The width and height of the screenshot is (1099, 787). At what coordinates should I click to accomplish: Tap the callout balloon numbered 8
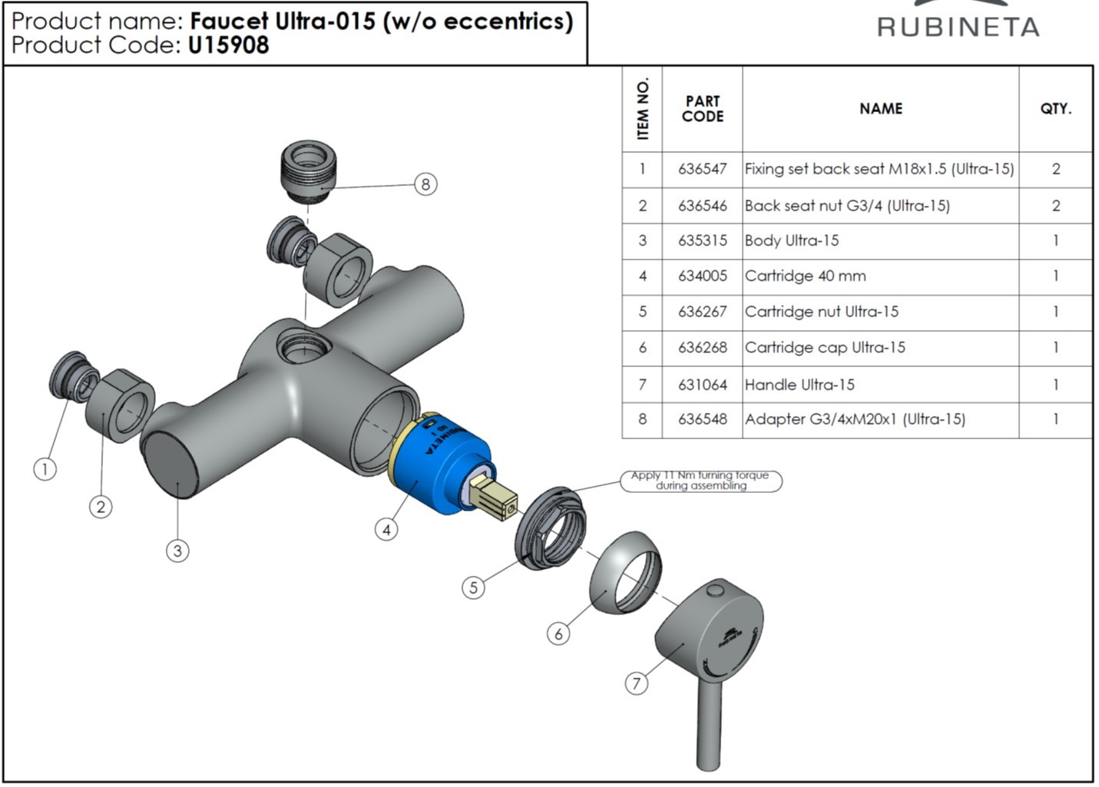[x=425, y=184]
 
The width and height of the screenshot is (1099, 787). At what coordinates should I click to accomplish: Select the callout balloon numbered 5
[x=473, y=587]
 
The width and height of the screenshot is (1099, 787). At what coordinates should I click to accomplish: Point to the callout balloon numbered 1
[x=45, y=468]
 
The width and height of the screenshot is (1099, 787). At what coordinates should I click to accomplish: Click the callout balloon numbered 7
[x=636, y=683]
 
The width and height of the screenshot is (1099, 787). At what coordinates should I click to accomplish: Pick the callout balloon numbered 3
[x=177, y=551]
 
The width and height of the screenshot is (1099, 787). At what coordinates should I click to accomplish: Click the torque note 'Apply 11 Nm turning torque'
[x=700, y=481]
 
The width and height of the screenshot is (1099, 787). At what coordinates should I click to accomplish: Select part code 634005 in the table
[x=702, y=276]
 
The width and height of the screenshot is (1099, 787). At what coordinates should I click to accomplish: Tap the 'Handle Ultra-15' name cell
[x=799, y=385]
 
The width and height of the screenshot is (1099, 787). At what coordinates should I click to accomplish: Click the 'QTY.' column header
[x=1055, y=109]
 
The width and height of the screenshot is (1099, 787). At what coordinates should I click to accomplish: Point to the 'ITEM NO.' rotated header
[x=643, y=109]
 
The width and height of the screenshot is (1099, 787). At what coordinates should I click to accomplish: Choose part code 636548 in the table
[x=702, y=419]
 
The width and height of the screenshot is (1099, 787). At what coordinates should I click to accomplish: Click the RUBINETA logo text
[x=958, y=27]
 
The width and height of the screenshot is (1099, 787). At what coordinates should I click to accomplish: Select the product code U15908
[x=228, y=45]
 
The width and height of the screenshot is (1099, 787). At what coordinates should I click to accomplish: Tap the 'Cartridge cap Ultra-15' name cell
[x=825, y=348]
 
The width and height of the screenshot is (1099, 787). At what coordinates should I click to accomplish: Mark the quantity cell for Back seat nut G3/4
[x=1055, y=206]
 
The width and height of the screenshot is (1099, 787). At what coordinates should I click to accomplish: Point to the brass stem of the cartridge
[x=495, y=498]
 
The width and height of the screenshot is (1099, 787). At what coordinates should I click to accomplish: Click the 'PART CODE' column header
[x=702, y=109]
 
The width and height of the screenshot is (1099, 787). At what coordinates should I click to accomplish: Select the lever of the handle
[x=710, y=722]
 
